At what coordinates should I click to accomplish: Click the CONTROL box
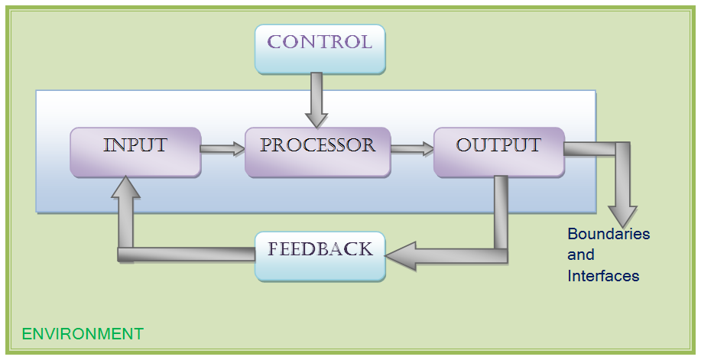[320, 49]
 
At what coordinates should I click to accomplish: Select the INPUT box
[135, 152]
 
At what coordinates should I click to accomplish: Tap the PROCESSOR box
[317, 152]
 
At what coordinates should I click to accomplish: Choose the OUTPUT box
[499, 152]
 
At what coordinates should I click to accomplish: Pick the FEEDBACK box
[320, 256]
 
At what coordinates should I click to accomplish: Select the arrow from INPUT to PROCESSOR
[223, 149]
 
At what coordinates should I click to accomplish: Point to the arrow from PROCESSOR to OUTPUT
[413, 149]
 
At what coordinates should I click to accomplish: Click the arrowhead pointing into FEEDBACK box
[401, 256]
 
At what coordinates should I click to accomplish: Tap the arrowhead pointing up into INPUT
[125, 187]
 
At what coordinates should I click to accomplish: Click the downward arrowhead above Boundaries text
[622, 217]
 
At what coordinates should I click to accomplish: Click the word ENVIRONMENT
[83, 334]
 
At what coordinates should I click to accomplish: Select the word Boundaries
[609, 233]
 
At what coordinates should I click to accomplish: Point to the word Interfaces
[603, 275]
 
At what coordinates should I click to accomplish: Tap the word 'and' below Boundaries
[581, 255]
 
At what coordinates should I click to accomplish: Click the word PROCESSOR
[317, 145]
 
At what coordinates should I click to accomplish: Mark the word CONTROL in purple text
[320, 42]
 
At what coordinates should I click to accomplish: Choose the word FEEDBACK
[320, 249]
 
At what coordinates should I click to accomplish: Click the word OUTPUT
[498, 145]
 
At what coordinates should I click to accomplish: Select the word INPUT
[135, 145]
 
